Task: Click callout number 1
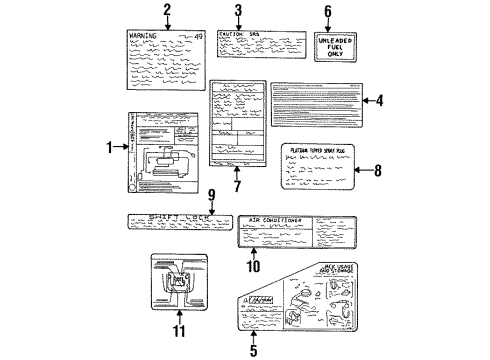(x=110, y=147)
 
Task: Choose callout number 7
(x=237, y=187)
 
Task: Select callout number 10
(x=253, y=266)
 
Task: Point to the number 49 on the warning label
(x=197, y=35)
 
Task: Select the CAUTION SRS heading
(x=243, y=34)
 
